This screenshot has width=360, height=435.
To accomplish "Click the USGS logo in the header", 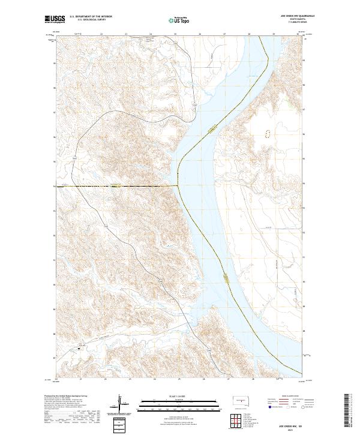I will pos(54,20).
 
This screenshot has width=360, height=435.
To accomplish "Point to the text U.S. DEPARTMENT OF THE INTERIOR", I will pos(91,17).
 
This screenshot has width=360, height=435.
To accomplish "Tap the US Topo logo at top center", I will pos(178,20).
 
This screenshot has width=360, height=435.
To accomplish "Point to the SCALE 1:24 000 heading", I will pos(179,397).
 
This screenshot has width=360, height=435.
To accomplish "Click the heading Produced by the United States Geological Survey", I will pos(66,397).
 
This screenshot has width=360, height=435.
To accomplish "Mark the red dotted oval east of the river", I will pos(268,134).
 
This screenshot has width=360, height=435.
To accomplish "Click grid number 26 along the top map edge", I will pos(199,35).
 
